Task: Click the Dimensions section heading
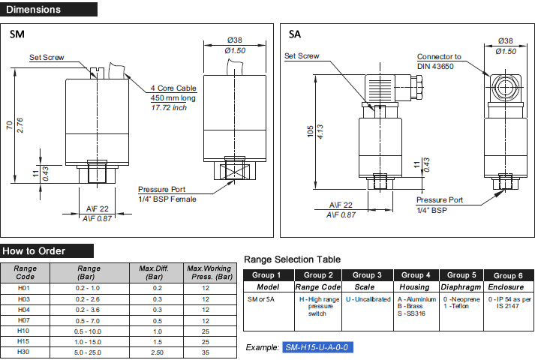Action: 35,10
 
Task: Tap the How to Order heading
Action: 34,251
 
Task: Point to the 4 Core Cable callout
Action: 173,88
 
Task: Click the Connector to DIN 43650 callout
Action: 440,61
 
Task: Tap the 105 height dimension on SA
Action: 308,132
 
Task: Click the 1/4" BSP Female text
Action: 167,199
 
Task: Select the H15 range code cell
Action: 26,341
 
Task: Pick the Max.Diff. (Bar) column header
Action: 158,271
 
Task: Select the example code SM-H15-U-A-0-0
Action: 317,348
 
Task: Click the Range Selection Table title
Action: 292,259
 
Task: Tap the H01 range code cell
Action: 26,288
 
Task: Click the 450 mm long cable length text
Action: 173,97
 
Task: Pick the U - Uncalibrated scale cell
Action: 368,298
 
